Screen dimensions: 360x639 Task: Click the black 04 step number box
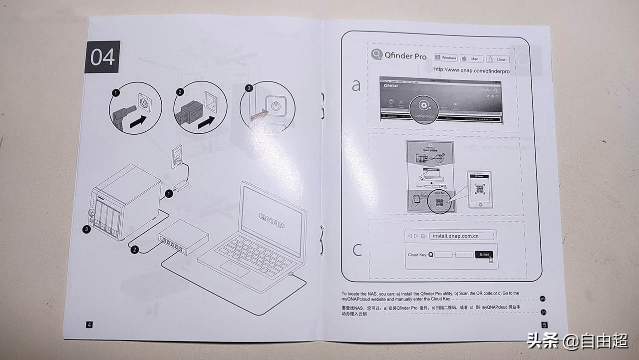click(x=102, y=57)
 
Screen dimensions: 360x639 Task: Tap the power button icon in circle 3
click(x=275, y=106)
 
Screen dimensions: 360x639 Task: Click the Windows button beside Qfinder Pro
click(x=446, y=58)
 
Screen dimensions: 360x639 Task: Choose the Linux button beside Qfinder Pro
click(x=497, y=59)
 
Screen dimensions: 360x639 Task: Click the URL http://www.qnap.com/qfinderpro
click(x=471, y=71)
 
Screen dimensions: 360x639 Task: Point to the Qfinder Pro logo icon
click(x=376, y=55)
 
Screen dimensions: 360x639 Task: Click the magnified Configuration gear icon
click(x=424, y=106)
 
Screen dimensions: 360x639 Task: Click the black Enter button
click(x=484, y=255)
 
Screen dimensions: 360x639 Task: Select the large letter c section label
click(x=357, y=249)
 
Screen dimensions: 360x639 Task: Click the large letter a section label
click(x=356, y=86)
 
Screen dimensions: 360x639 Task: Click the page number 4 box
click(x=89, y=325)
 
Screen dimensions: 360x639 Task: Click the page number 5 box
click(x=544, y=325)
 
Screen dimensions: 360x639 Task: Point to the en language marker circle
click(x=543, y=299)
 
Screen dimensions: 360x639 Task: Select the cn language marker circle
click(x=544, y=312)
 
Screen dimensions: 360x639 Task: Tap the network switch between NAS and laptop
click(x=183, y=238)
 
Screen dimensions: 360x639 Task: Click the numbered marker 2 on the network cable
click(x=134, y=250)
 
